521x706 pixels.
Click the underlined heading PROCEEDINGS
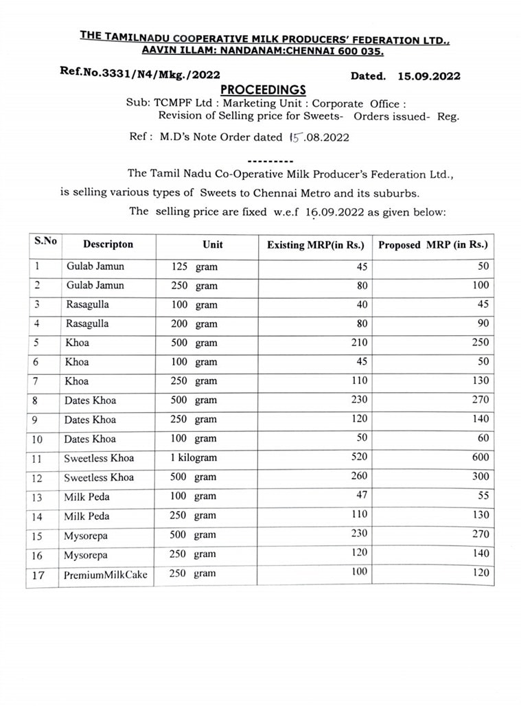click(x=263, y=91)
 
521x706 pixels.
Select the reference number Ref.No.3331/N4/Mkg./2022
click(x=140, y=73)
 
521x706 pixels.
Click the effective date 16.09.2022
click(x=336, y=212)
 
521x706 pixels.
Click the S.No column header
click(x=46, y=241)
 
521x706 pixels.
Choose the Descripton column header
click(x=108, y=244)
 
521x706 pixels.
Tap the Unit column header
click(x=213, y=244)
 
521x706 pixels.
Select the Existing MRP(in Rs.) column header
click(x=315, y=245)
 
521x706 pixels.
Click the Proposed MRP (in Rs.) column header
click(x=432, y=245)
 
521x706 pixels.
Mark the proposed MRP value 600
click(x=481, y=457)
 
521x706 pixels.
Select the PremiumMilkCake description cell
click(x=106, y=575)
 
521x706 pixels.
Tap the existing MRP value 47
click(x=362, y=494)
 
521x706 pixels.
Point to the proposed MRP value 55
click(x=482, y=495)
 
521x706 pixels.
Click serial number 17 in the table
click(x=38, y=575)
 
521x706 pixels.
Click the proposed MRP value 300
click(x=481, y=476)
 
